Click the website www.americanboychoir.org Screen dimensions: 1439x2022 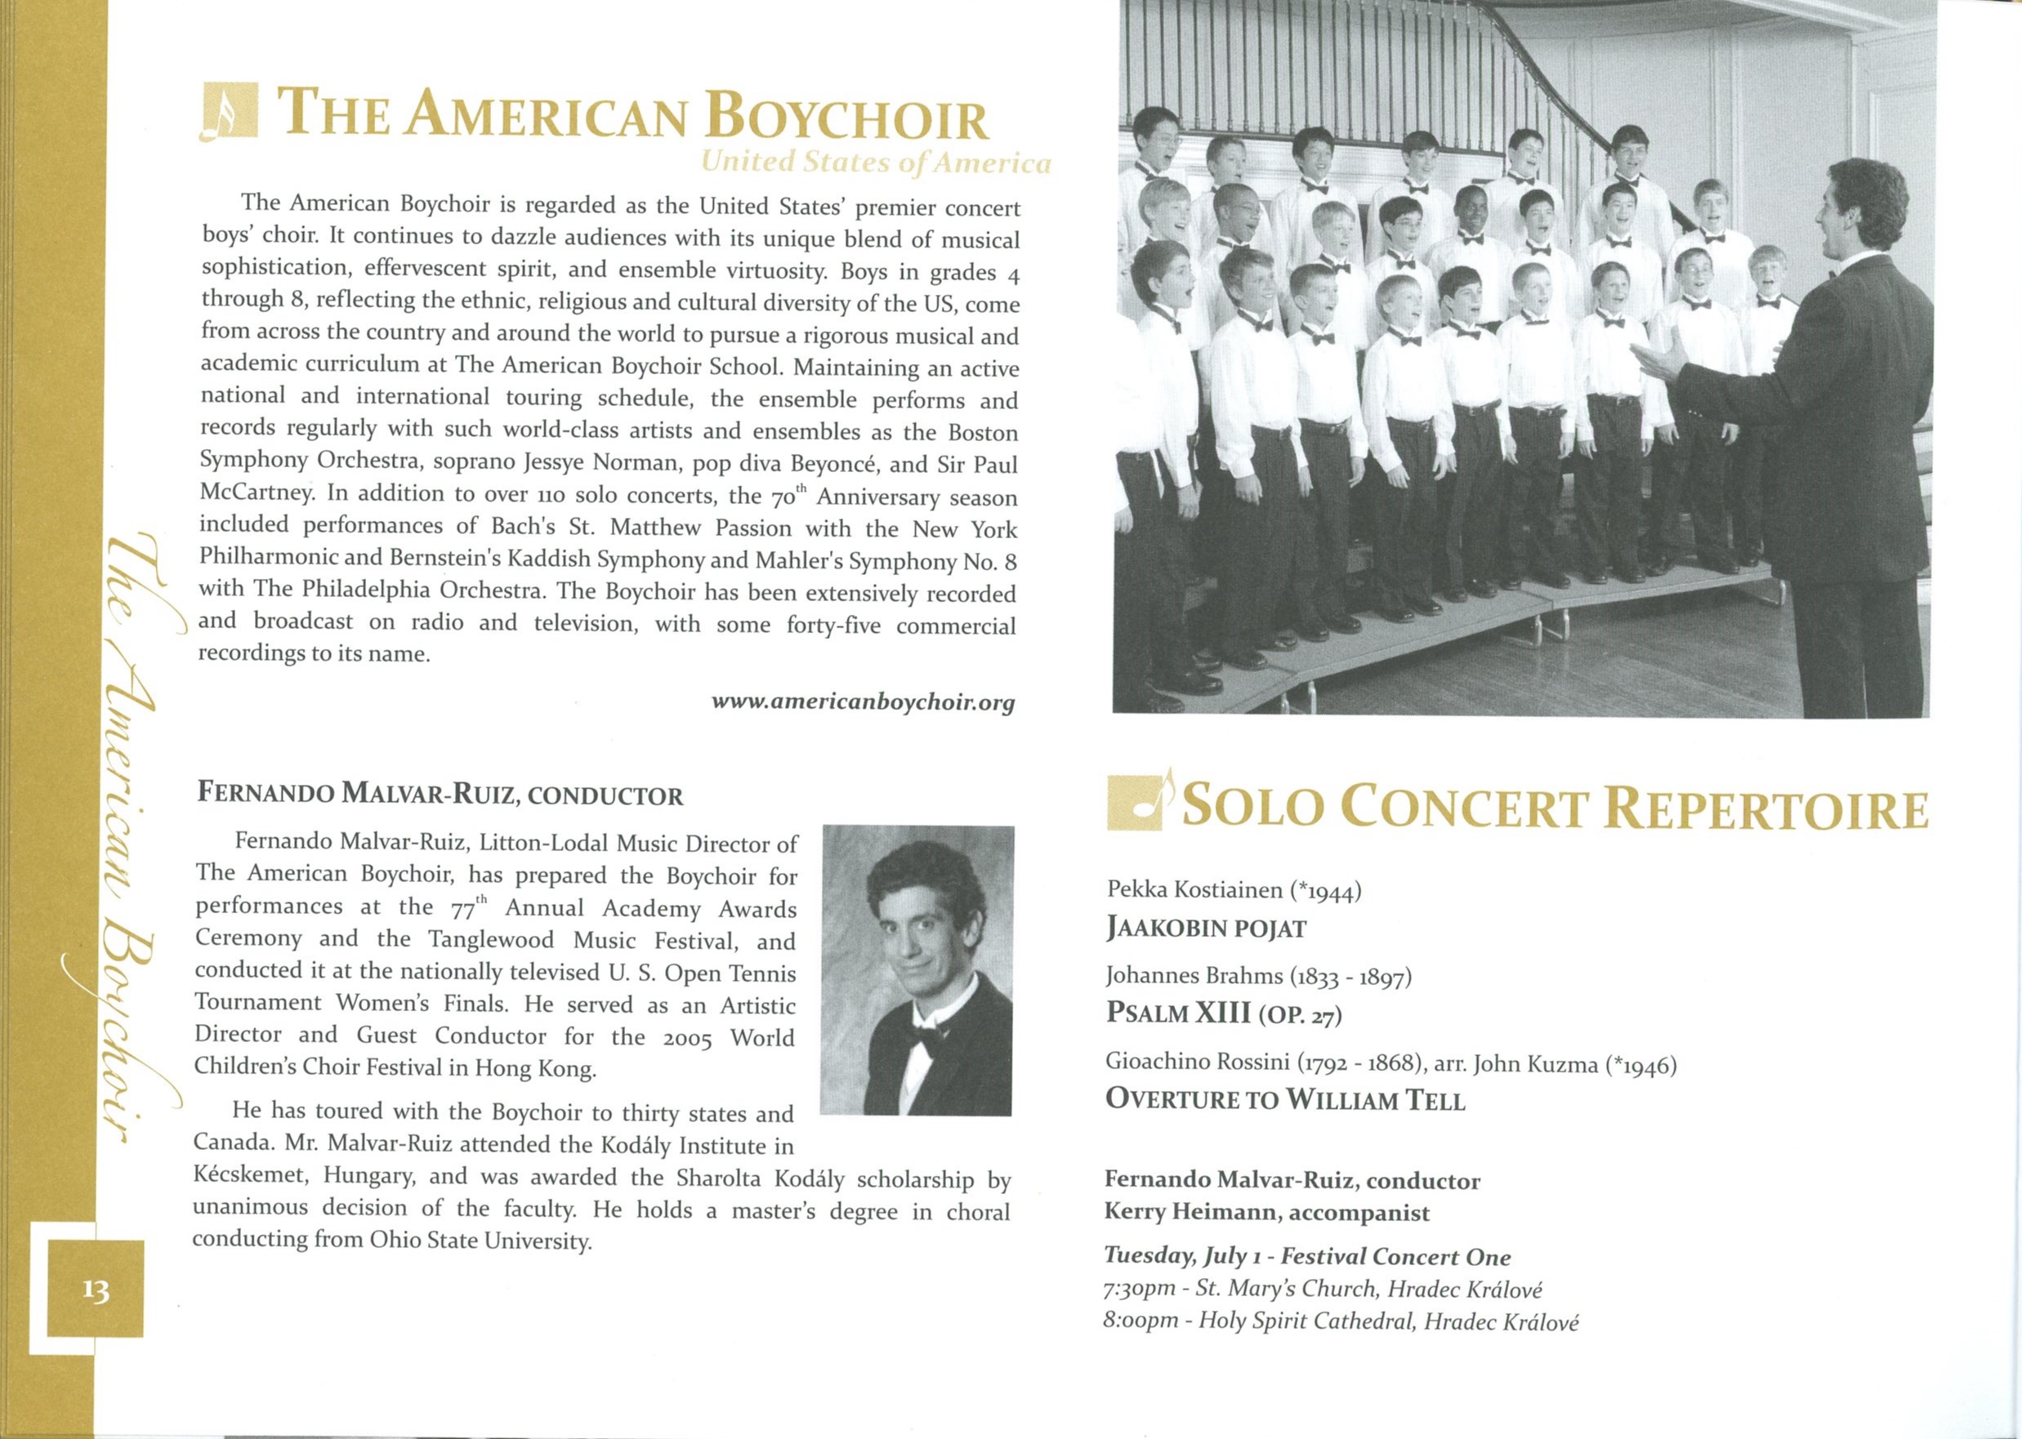[863, 702]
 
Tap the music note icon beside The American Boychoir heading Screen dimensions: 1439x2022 [229, 112]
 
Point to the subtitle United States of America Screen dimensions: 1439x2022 [875, 163]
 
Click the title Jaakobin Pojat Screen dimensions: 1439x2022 [1207, 929]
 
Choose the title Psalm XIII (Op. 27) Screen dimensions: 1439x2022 [1223, 1013]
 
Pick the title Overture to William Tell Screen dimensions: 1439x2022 [1284, 1099]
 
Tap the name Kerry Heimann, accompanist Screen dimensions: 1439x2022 [1265, 1212]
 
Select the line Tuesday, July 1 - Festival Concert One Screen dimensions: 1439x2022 [1306, 1256]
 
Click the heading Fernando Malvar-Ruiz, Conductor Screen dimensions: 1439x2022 [440, 793]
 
